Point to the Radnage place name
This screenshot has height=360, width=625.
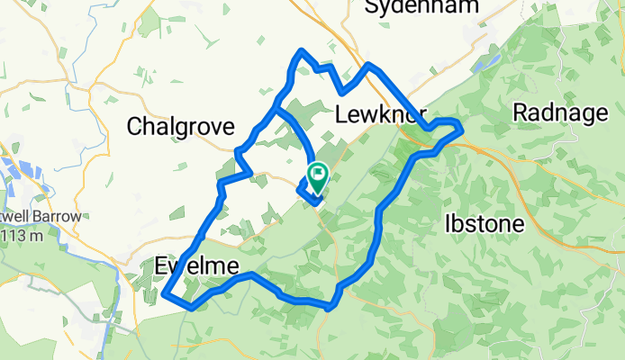(558, 112)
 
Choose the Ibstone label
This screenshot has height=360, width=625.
(484, 224)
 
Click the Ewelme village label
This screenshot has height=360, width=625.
(196, 266)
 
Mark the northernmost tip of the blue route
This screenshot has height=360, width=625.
(302, 50)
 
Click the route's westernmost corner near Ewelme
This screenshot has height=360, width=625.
(165, 292)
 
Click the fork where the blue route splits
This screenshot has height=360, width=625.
(276, 110)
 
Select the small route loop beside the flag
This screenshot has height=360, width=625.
(308, 190)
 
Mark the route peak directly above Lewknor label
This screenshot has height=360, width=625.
(368, 65)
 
